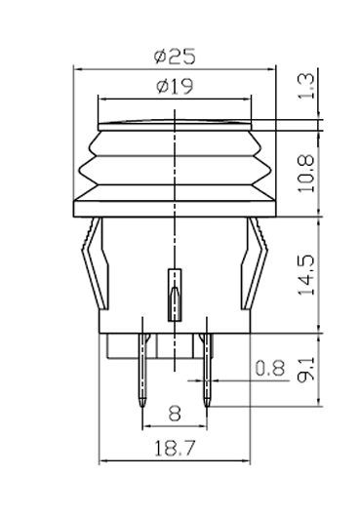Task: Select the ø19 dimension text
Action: (174, 86)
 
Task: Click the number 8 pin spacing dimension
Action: (174, 414)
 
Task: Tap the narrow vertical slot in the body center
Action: (174, 295)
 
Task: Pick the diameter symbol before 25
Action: (160, 57)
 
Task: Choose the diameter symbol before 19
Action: (161, 86)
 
